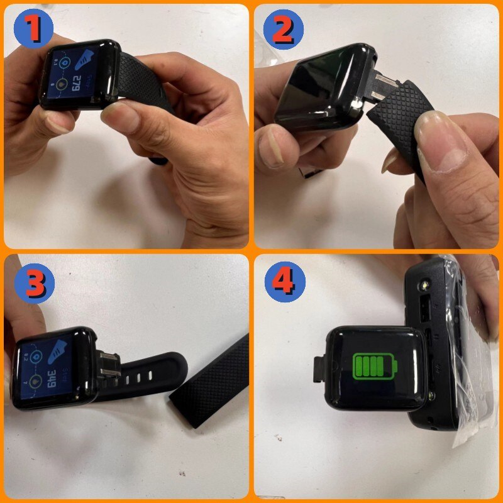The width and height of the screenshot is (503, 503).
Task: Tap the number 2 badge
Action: click(x=283, y=28)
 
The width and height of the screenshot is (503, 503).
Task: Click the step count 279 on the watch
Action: click(x=74, y=81)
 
